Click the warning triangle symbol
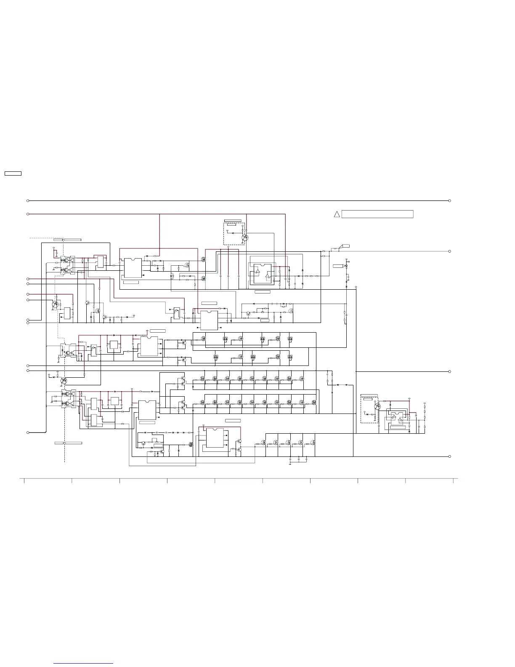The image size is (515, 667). click(x=337, y=214)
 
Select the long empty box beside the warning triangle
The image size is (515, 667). click(x=377, y=214)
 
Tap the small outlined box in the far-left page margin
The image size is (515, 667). click(x=13, y=173)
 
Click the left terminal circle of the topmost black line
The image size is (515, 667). click(x=28, y=201)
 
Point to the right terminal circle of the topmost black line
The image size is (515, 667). click(x=450, y=201)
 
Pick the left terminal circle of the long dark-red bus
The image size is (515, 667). click(x=28, y=214)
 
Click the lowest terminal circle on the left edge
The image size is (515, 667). click(x=28, y=432)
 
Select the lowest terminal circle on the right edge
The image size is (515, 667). click(x=450, y=456)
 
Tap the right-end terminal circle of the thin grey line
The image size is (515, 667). click(x=450, y=251)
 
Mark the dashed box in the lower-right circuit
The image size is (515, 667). click(x=369, y=410)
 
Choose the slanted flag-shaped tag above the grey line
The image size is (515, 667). click(x=345, y=246)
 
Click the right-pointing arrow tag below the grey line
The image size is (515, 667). click(x=339, y=266)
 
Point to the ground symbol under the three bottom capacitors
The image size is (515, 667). click(x=290, y=464)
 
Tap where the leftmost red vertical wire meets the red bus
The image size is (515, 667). click(x=159, y=214)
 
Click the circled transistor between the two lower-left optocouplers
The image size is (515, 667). click(x=63, y=381)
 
